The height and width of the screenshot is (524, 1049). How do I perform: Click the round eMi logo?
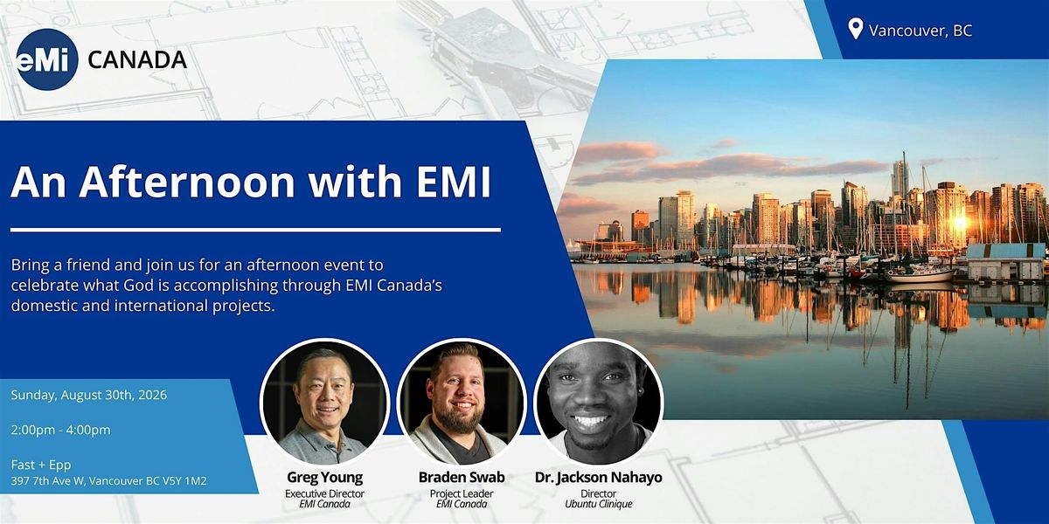[x=46, y=59]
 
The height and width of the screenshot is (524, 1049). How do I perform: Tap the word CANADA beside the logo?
[x=137, y=60]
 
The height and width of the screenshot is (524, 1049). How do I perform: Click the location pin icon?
[x=856, y=29]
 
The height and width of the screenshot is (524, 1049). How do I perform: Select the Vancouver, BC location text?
[x=920, y=31]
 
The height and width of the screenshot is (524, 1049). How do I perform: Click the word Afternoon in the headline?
[x=187, y=182]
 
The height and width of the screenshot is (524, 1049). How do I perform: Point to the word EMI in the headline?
[x=454, y=182]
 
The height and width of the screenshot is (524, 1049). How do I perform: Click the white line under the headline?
[x=255, y=230]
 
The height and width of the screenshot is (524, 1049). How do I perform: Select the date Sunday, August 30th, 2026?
[x=89, y=395]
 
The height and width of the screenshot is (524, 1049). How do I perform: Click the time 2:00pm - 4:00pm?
[x=61, y=430]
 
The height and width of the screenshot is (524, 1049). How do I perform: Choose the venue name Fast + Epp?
[x=41, y=465]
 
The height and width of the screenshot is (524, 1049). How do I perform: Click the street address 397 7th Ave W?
[x=48, y=481]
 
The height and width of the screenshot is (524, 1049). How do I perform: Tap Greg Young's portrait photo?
[x=324, y=403]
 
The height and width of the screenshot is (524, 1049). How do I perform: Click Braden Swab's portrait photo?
[x=462, y=403]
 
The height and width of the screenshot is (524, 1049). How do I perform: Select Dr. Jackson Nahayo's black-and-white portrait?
[x=598, y=403]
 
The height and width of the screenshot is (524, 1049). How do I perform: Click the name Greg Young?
[x=324, y=477]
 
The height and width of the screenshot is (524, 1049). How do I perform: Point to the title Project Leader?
[x=462, y=493]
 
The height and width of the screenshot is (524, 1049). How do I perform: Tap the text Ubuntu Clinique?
[x=599, y=504]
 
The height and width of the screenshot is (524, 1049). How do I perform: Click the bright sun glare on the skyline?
[x=959, y=222]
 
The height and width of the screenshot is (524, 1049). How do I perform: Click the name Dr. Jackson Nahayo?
[x=599, y=477]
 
